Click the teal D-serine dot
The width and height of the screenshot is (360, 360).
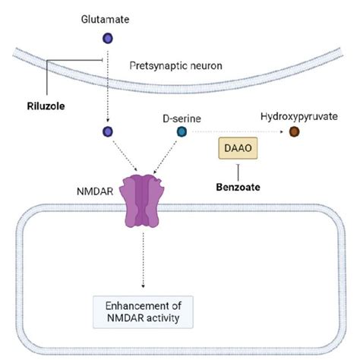(x=182, y=132)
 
